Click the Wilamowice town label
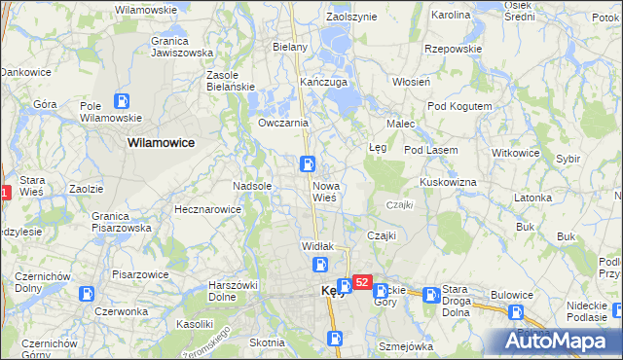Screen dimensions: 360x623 161,142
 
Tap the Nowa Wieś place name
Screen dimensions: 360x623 325,191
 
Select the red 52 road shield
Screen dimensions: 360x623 361,282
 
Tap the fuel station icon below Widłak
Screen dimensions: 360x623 320,264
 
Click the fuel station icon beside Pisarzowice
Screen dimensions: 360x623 87,293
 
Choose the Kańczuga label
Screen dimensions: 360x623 324,83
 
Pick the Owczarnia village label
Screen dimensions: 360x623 283,124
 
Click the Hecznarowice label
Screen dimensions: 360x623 206,209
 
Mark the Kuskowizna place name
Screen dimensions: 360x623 448,182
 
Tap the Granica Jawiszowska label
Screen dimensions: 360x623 182,48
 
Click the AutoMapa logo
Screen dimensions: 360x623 558,342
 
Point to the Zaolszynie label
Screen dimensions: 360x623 351,18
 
